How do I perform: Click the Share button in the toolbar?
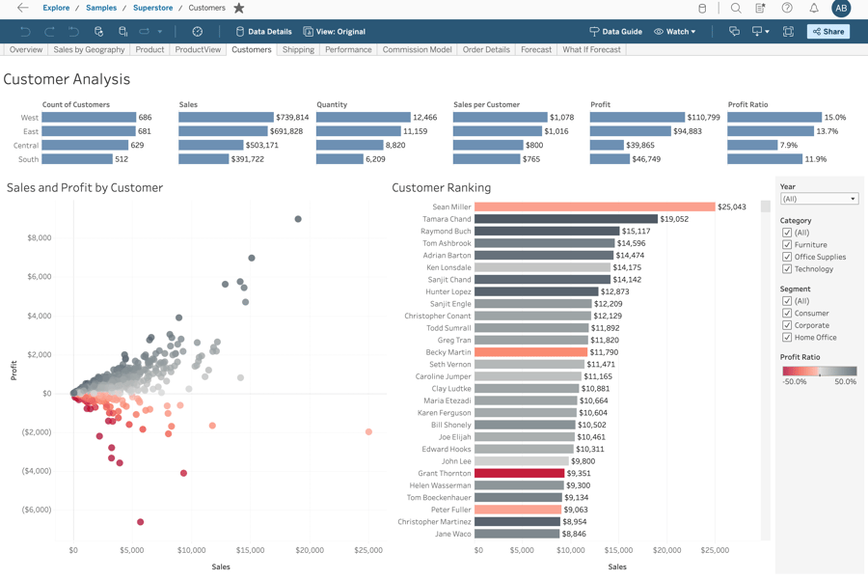827,32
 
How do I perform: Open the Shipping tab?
298,49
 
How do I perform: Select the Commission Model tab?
417,49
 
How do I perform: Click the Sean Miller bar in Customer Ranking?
594,207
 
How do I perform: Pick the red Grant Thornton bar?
519,473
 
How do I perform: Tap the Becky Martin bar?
530,352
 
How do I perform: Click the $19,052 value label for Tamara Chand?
674,219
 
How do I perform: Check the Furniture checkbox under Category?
787,245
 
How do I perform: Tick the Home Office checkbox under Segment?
787,338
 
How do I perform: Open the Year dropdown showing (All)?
819,199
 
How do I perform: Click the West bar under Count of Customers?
89,118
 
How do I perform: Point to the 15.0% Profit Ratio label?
834,118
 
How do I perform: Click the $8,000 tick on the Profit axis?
40,237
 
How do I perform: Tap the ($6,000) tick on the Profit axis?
36,510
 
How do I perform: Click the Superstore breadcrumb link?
152,8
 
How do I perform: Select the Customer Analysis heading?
67,79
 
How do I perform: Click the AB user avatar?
841,8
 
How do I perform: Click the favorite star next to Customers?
239,8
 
